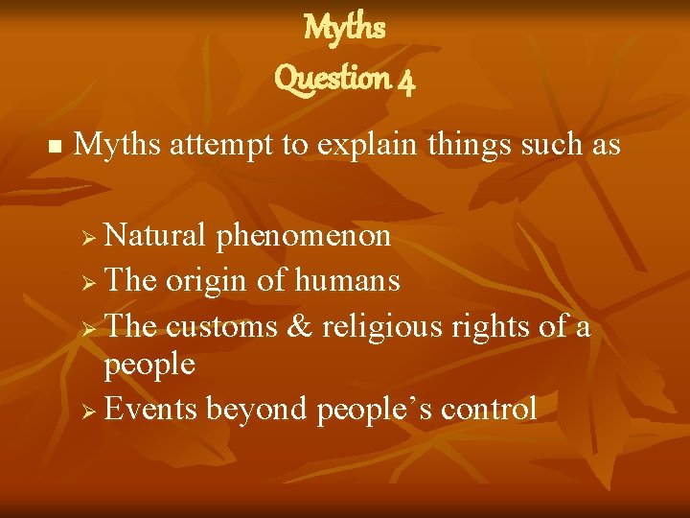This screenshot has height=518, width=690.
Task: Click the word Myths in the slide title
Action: tap(344, 28)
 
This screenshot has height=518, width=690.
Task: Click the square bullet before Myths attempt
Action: tap(54, 148)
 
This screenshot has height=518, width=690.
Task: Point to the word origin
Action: tap(210, 282)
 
